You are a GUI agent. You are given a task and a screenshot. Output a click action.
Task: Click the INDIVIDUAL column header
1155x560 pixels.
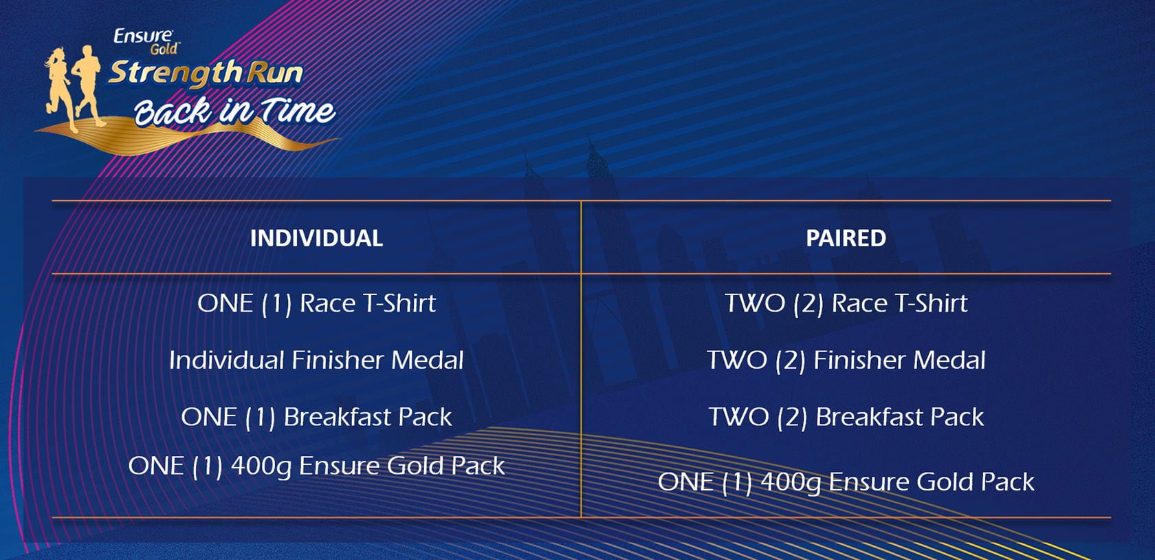[x=316, y=238]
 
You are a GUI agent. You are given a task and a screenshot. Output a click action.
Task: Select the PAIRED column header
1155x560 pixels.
[x=846, y=238]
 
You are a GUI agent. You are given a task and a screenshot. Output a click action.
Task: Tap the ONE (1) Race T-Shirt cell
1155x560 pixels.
[x=316, y=303]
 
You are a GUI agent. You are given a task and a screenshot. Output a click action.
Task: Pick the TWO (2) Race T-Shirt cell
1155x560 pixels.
[x=846, y=303]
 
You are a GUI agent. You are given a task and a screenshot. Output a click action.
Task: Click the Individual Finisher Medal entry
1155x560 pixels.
[x=316, y=360]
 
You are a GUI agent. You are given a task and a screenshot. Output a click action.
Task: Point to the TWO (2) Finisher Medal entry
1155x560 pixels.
[x=846, y=360]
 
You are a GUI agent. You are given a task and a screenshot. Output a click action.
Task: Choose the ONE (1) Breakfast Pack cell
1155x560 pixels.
[x=316, y=416]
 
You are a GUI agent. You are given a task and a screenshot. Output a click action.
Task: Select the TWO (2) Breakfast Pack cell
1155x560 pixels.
[x=846, y=416]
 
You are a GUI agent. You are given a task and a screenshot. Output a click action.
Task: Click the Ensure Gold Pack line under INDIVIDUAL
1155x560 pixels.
[x=316, y=466]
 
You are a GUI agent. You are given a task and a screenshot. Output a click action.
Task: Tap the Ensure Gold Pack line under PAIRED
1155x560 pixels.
[x=846, y=482]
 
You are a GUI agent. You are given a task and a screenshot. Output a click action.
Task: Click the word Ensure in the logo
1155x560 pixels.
[x=143, y=36]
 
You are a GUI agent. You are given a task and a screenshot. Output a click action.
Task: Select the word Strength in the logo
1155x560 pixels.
[x=175, y=73]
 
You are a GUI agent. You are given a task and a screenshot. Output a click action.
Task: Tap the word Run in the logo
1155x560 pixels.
[x=274, y=74]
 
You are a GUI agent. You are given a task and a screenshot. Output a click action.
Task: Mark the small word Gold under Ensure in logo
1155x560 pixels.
[x=164, y=49]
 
